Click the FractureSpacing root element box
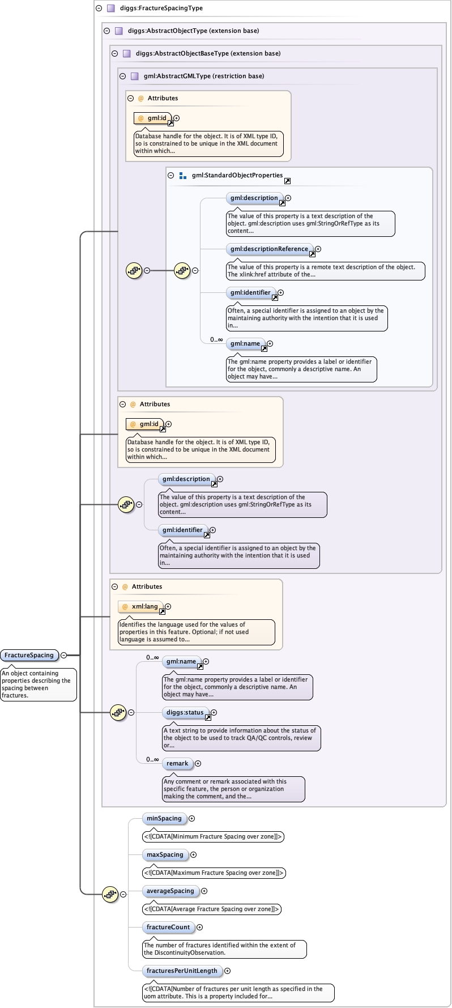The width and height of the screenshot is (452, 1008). tap(29, 655)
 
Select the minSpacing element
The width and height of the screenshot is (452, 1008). tap(164, 818)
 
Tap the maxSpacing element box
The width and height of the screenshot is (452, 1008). tap(165, 854)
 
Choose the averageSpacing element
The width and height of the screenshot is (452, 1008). tap(170, 891)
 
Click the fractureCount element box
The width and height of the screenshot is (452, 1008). tap(168, 927)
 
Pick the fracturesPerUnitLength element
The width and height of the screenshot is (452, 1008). tap(182, 971)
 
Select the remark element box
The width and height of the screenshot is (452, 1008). tap(177, 763)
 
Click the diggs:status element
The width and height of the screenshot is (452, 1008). tap(185, 712)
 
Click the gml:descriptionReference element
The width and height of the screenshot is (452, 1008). tap(269, 249)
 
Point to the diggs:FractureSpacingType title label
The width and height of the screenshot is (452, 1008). tap(161, 8)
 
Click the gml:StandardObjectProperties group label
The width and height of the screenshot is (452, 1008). tap(237, 175)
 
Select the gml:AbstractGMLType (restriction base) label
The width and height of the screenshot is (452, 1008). tap(203, 76)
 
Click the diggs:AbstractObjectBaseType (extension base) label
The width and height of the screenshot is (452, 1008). tap(208, 53)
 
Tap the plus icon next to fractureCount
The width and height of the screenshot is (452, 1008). tap(199, 928)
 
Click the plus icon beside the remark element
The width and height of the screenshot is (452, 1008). tap(198, 764)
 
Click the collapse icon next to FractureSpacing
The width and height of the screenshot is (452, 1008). tap(64, 655)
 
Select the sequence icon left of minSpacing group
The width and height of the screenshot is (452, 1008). tap(110, 894)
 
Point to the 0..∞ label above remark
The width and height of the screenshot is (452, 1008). tap(152, 759)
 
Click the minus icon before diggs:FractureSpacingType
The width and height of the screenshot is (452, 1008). tap(99, 8)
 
